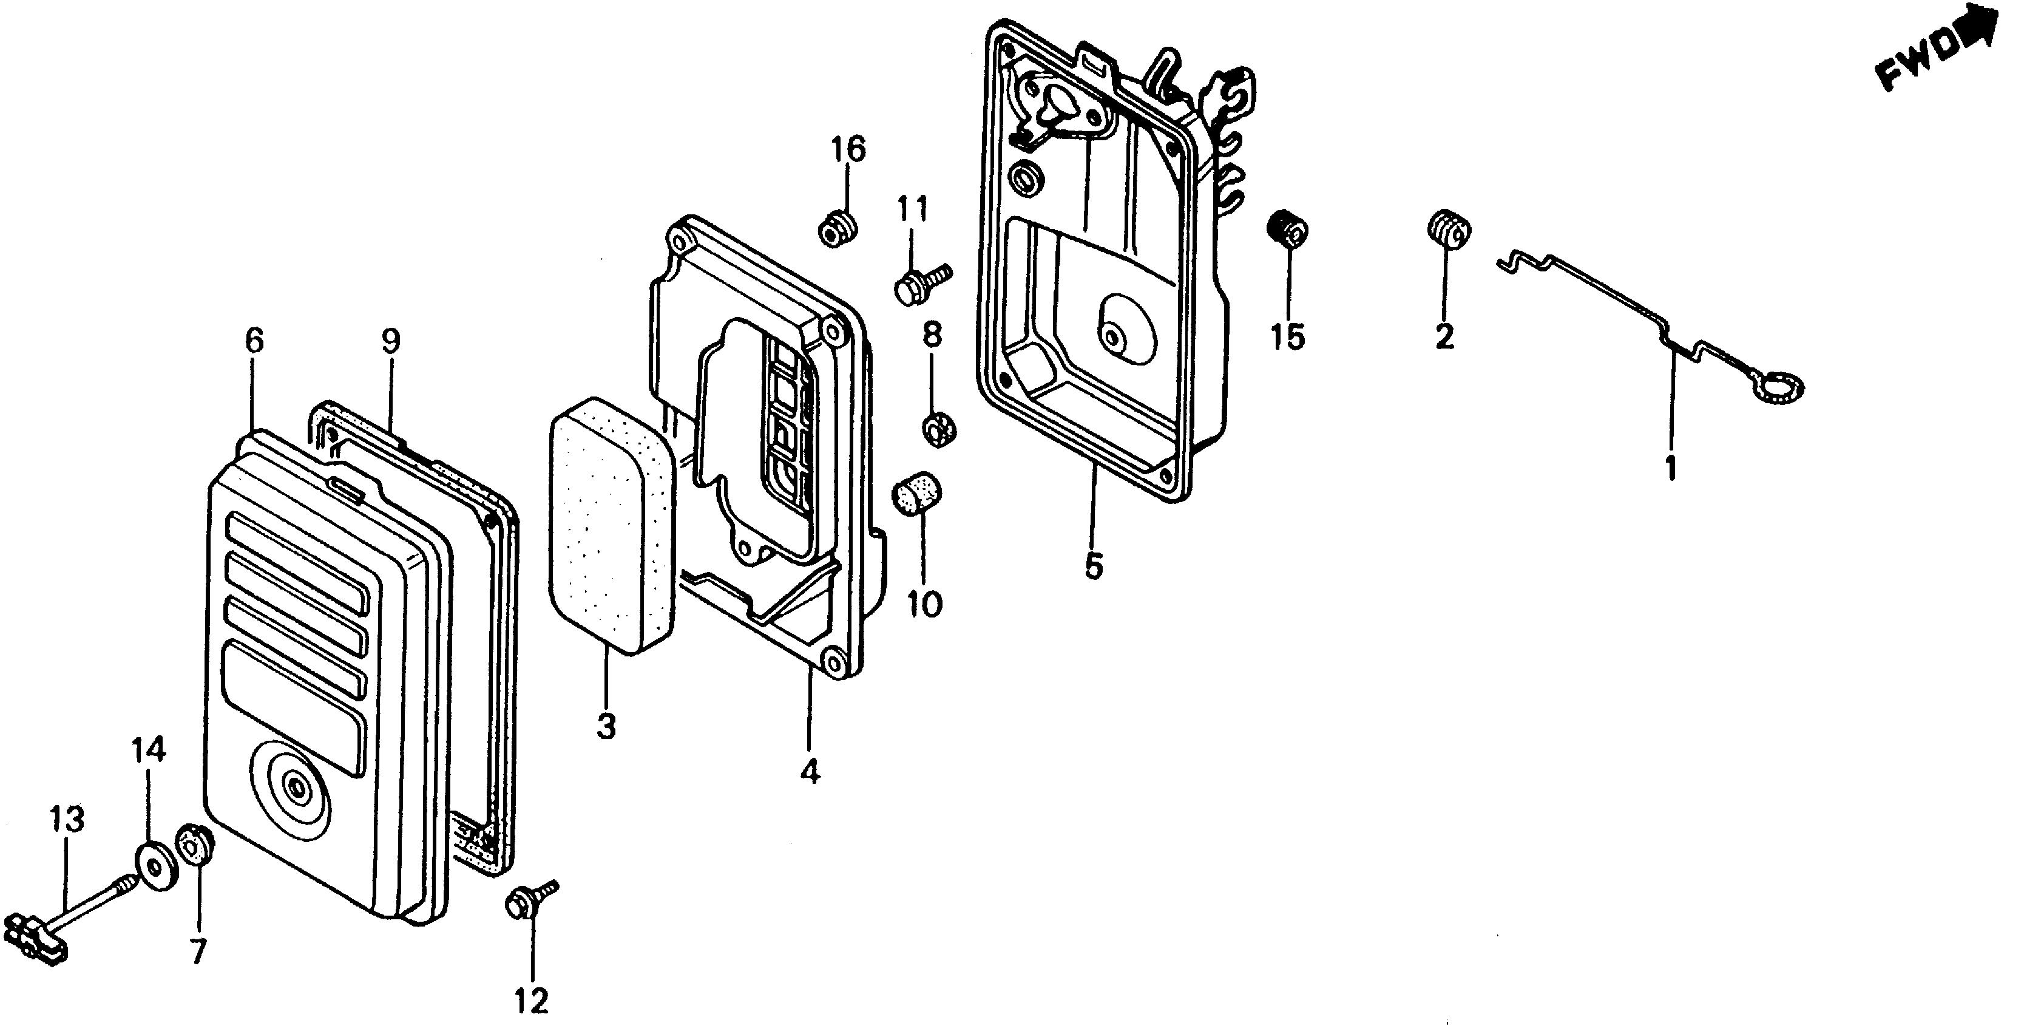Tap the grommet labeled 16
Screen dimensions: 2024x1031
point(837,228)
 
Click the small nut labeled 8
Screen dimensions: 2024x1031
point(938,428)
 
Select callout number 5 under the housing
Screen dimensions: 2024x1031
point(1094,566)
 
